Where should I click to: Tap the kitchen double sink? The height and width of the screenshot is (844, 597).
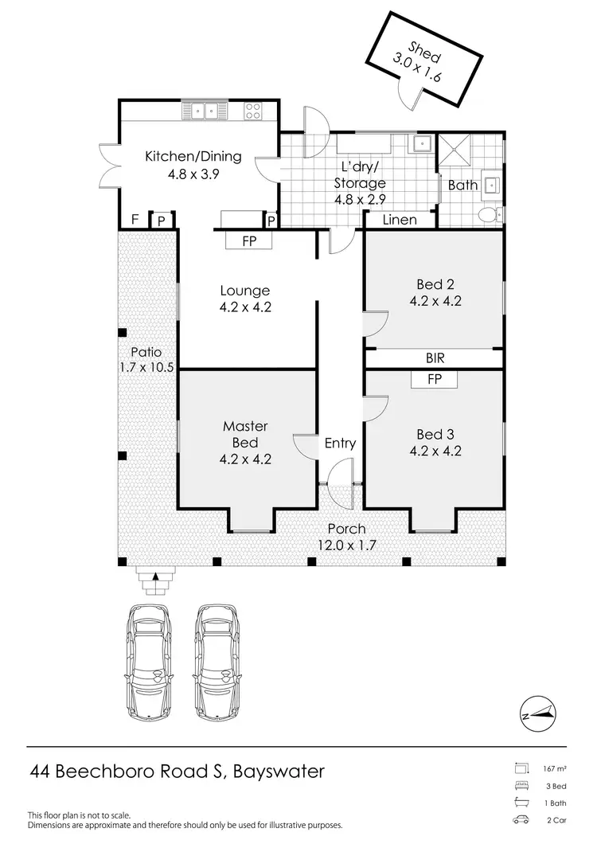click(x=205, y=110)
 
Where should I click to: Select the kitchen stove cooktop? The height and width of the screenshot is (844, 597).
click(x=254, y=110)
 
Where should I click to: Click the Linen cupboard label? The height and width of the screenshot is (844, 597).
click(x=400, y=220)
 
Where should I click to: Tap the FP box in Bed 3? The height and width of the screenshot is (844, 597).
click(x=434, y=380)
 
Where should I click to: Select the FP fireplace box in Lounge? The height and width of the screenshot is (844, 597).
click(x=249, y=241)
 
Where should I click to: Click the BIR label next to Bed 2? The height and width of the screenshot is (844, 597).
click(x=434, y=359)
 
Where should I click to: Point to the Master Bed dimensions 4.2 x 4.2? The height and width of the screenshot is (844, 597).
click(x=245, y=459)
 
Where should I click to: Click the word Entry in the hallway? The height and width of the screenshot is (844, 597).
click(x=340, y=443)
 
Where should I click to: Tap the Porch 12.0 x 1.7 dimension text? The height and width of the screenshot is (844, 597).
click(x=346, y=545)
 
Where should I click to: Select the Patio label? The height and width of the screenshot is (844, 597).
click(x=146, y=352)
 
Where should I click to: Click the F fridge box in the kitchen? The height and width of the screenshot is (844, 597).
click(x=135, y=220)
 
